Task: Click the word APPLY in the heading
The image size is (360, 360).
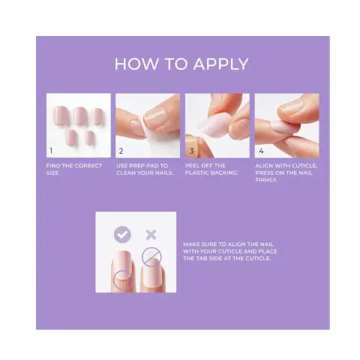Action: tap(220, 64)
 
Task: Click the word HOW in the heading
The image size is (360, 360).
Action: tap(136, 64)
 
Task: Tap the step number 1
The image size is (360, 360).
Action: tap(51, 151)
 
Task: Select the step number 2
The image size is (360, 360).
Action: tap(121, 151)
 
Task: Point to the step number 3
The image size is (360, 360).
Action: tap(191, 151)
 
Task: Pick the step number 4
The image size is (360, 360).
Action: tap(261, 151)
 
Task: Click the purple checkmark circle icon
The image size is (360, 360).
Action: tap(122, 235)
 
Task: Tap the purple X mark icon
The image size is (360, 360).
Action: tap(151, 235)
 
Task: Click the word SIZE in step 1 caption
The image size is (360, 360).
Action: tap(52, 172)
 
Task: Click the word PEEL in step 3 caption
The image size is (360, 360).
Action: tap(192, 166)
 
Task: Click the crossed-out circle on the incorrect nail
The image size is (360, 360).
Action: tap(151, 256)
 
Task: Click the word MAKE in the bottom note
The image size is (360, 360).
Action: tap(191, 244)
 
